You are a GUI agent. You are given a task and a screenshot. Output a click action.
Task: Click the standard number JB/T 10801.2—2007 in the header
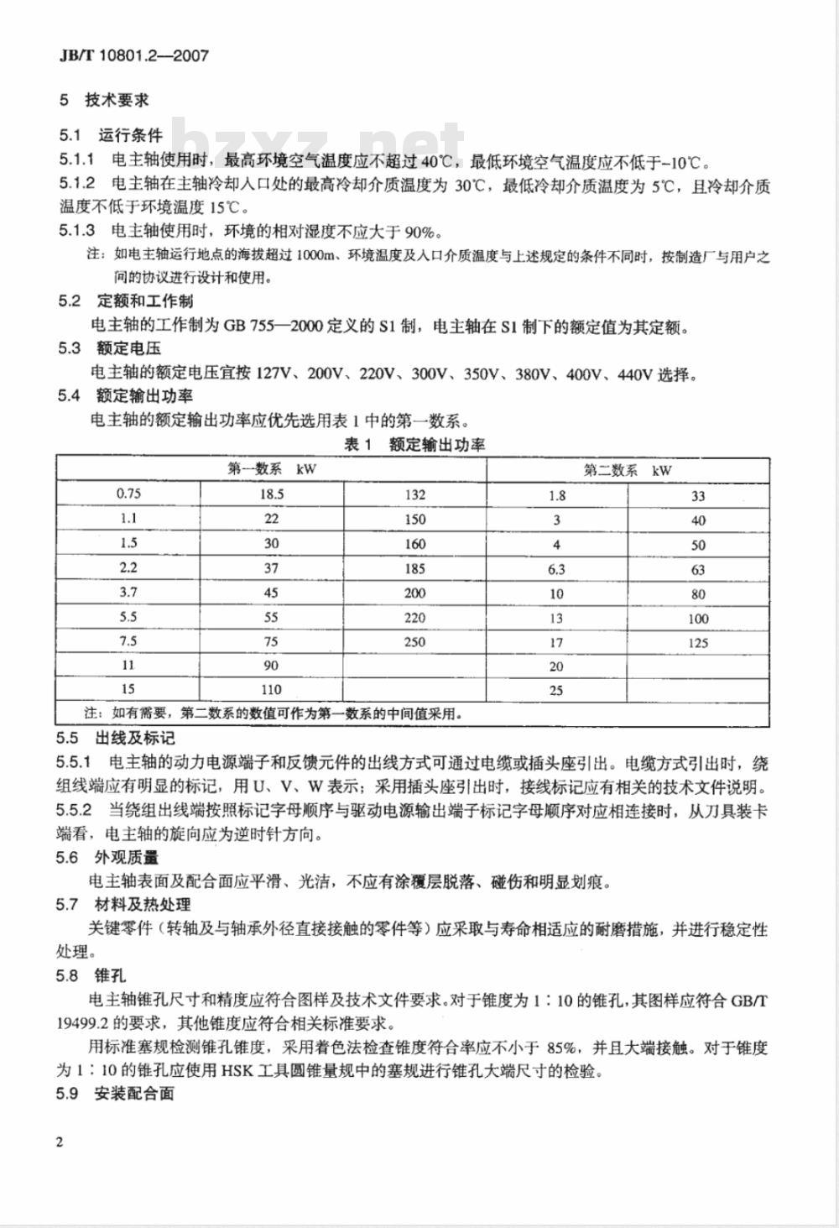pyautogui.click(x=133, y=55)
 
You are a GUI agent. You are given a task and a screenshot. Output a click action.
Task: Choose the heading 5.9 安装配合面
pyautogui.click(x=116, y=1094)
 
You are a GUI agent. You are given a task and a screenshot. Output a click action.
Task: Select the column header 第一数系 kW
pyautogui.click(x=272, y=469)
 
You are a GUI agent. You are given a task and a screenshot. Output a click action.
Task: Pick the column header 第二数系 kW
pyautogui.click(x=628, y=470)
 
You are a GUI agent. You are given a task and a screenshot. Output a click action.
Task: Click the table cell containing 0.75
pyautogui.click(x=128, y=494)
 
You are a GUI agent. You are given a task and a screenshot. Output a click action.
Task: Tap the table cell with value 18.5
pyautogui.click(x=272, y=494)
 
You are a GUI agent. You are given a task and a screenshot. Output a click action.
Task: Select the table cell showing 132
pyautogui.click(x=414, y=494)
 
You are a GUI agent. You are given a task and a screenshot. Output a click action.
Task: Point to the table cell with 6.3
pyautogui.click(x=556, y=569)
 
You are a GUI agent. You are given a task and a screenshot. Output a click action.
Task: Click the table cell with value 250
pyautogui.click(x=414, y=642)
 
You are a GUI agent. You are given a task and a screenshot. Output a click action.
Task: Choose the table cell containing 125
pyautogui.click(x=698, y=643)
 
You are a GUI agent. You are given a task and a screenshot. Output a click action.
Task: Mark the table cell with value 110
pyautogui.click(x=272, y=690)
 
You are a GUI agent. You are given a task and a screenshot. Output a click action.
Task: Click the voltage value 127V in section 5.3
pyautogui.click(x=278, y=374)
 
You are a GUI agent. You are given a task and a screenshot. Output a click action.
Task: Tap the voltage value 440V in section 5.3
pyautogui.click(x=634, y=374)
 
